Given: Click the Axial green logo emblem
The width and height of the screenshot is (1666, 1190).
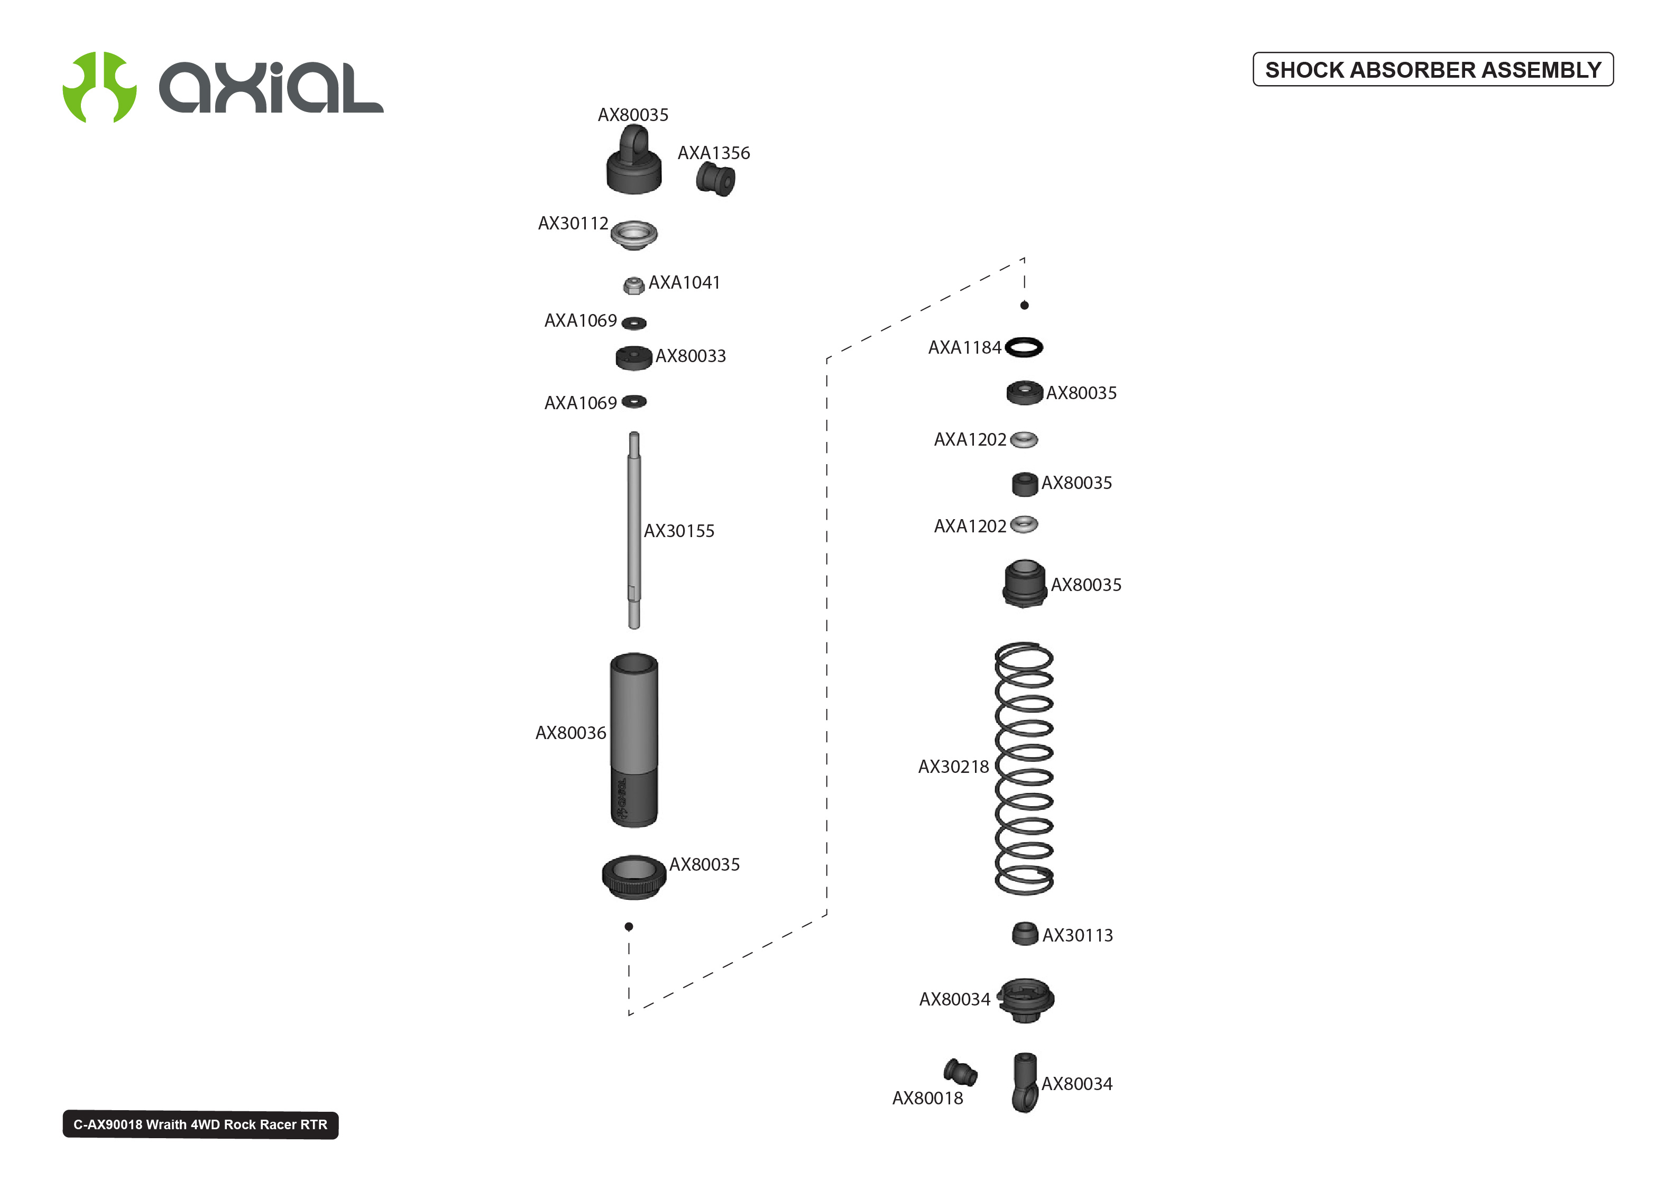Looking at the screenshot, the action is click(x=99, y=87).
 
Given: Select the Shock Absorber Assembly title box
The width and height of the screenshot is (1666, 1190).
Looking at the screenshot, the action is click(x=1432, y=70).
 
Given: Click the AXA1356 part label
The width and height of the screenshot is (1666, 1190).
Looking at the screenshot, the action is click(x=714, y=153).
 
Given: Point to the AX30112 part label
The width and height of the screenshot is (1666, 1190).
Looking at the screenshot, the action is click(x=573, y=224).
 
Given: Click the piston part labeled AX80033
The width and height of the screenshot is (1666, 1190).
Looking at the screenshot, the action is click(x=634, y=357).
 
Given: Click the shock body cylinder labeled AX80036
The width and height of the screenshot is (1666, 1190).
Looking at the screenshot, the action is click(x=634, y=740).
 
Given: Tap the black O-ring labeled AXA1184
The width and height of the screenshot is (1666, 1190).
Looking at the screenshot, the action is click(x=1024, y=347).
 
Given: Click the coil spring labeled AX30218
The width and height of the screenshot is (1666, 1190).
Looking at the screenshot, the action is click(x=1024, y=769).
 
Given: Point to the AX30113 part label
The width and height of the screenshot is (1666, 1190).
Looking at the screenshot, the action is click(x=1077, y=935).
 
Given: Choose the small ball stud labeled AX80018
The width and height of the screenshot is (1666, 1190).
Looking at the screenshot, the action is click(x=960, y=1072).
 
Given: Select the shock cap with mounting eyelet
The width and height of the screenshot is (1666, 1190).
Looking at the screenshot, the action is click(x=634, y=160).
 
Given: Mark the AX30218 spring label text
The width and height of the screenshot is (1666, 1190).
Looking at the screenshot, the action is click(x=953, y=767).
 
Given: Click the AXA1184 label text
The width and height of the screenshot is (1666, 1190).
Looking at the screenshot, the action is click(x=964, y=347).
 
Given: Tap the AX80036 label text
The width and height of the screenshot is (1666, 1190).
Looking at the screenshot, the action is click(x=570, y=733).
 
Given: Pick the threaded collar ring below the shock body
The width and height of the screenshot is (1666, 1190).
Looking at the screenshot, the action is click(x=634, y=877).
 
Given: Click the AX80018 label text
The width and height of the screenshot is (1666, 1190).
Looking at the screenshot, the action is click(x=927, y=1097).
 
